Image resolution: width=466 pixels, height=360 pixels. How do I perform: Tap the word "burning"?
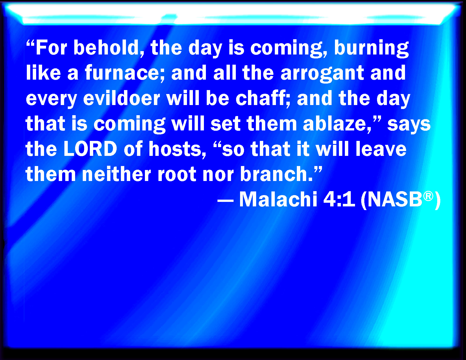coord(371,49)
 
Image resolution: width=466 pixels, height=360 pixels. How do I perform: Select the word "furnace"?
coord(125,73)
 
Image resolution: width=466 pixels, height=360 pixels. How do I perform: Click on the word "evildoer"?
coord(122,99)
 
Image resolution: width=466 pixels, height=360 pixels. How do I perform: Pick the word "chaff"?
coord(263,99)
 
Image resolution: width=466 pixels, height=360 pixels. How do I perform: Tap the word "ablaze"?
coord(337,124)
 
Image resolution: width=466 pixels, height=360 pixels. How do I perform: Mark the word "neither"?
coord(117,174)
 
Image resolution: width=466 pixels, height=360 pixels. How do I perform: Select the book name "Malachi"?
coord(278,199)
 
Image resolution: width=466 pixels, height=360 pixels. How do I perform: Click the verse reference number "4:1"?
coord(339,199)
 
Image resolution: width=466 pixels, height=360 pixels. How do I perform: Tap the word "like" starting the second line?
coord(43,73)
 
